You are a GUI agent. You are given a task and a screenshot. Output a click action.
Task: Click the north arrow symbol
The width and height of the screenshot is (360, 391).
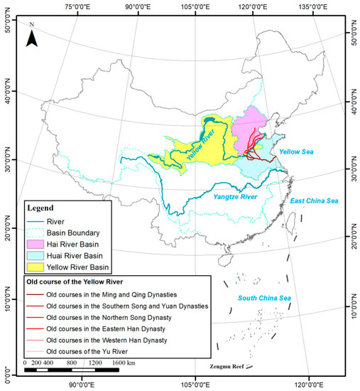coord(32,36)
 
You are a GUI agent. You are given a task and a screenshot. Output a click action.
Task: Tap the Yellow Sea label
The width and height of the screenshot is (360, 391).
coord(293,152)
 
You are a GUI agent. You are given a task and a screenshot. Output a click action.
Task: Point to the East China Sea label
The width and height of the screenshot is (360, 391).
coord(315,201)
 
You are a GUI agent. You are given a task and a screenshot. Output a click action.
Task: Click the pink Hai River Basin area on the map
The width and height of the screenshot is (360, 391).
coord(249,128)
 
